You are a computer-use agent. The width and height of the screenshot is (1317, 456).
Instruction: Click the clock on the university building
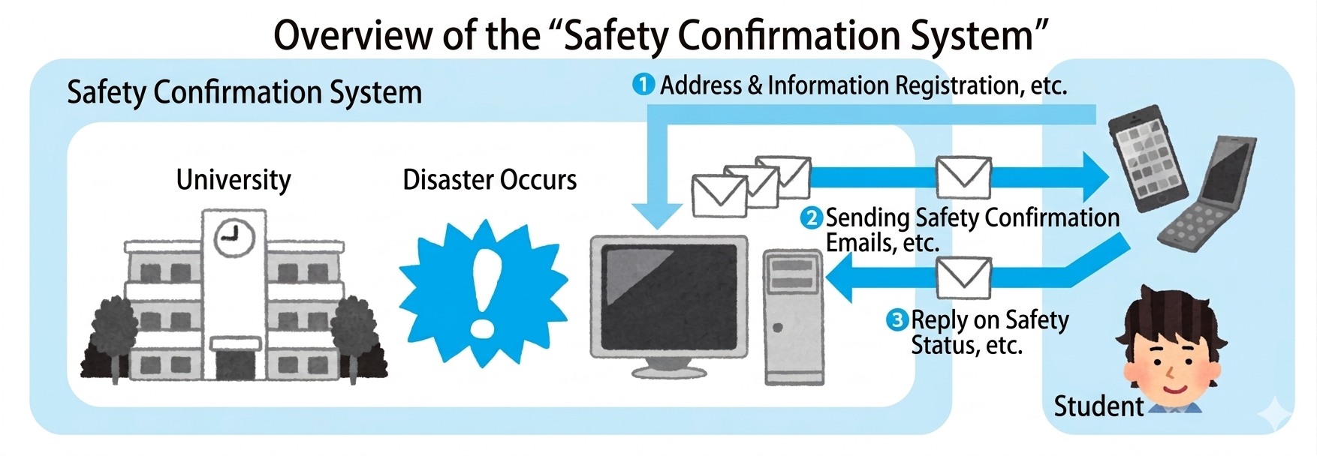pos(234,238)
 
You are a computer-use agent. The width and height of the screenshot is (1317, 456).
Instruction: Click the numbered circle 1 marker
pos(643,85)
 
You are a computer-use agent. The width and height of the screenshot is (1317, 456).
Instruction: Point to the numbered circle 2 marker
pos(812,218)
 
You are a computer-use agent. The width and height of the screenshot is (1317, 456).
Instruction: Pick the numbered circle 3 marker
pos(897,320)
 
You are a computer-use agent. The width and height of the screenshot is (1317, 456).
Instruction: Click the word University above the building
pos(233,180)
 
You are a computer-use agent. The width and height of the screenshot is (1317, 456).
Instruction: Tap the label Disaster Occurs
pos(490,180)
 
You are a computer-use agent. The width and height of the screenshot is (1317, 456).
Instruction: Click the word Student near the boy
pos(1098,406)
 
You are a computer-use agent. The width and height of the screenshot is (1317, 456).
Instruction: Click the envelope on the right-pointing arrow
pos(963,177)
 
